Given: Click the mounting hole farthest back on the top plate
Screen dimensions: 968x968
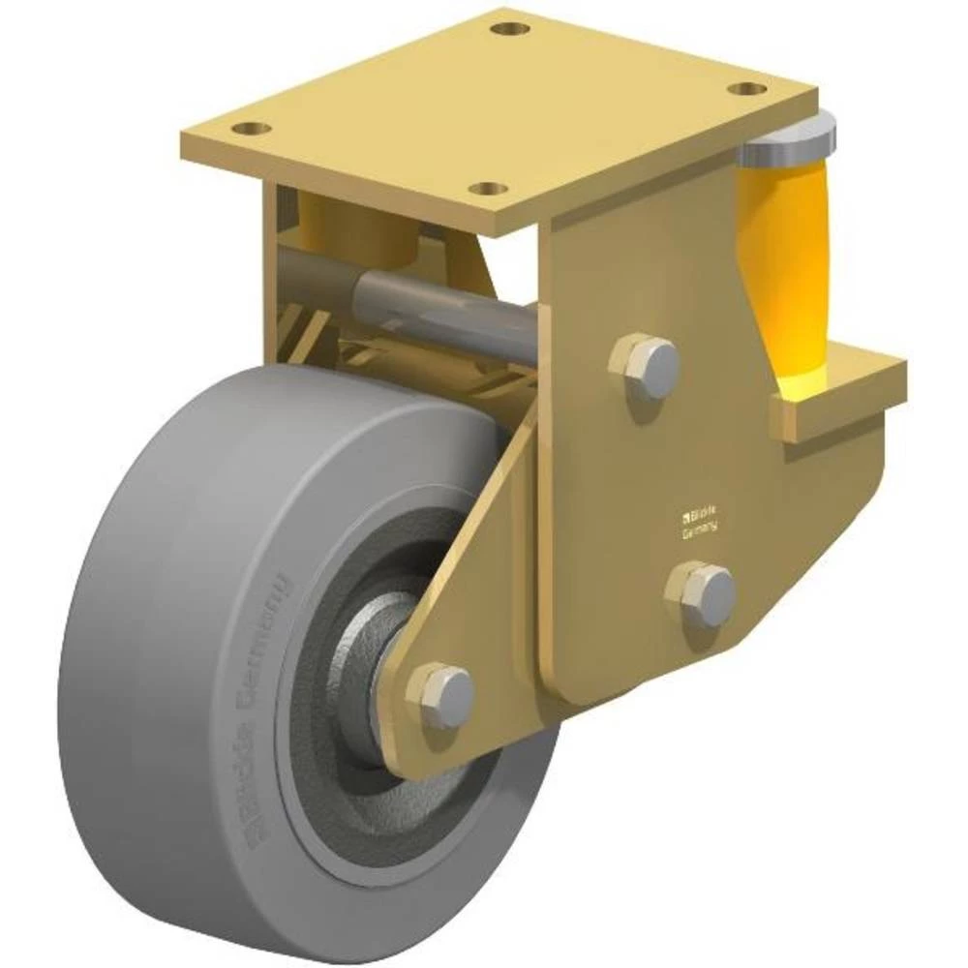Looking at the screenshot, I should click(509, 28).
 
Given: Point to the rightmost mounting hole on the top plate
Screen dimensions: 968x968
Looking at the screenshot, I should click(746, 89).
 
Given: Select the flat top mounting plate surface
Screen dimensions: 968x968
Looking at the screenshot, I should click(503, 106).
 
